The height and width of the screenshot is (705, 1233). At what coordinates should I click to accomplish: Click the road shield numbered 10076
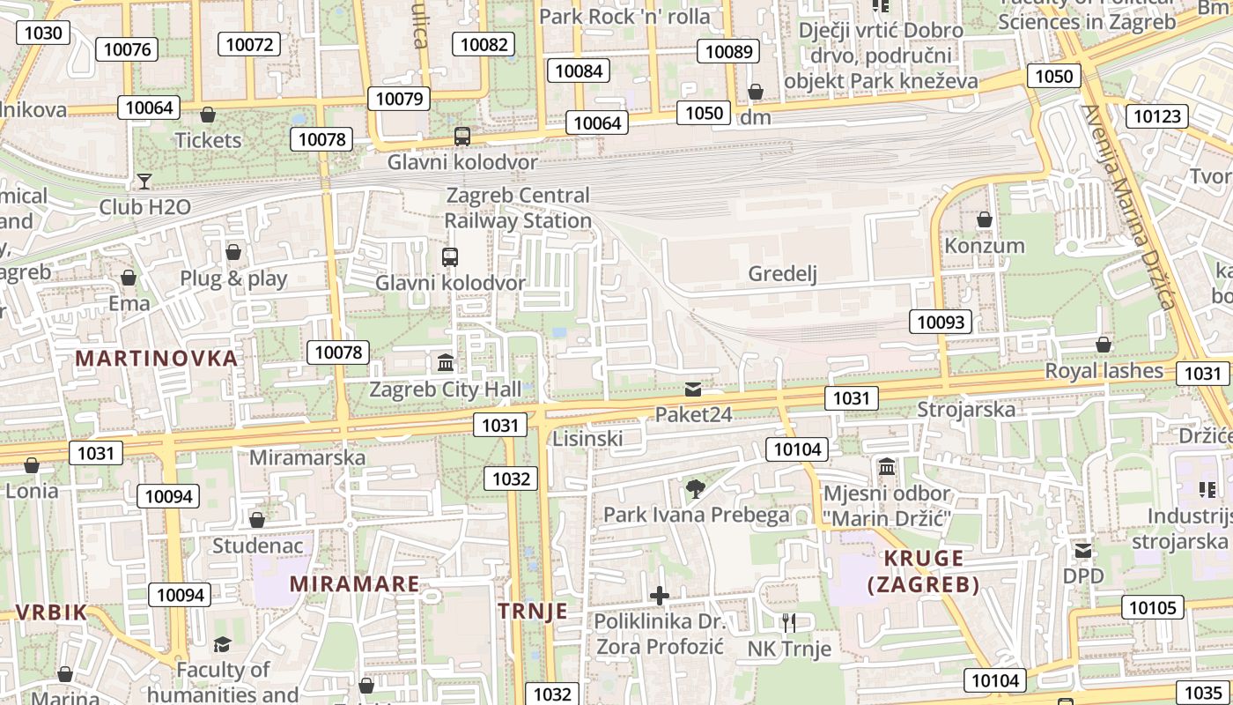(127, 49)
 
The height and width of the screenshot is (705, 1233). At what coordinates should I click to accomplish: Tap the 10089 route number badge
(729, 51)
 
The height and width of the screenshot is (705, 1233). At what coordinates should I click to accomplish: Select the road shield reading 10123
(1157, 116)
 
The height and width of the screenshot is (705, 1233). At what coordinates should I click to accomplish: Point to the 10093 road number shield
(941, 322)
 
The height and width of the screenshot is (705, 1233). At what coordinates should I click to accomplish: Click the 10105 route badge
(1152, 607)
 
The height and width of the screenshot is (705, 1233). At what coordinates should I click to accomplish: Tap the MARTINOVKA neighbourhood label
(157, 359)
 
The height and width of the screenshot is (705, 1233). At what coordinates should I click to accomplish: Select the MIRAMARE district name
(354, 584)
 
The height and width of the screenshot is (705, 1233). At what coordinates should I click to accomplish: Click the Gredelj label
(782, 274)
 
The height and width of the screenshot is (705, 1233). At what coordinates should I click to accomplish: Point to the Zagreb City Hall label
(446, 389)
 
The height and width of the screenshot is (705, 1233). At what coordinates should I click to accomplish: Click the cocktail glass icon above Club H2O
(144, 182)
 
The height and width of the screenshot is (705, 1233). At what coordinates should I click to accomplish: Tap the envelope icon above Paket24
(693, 389)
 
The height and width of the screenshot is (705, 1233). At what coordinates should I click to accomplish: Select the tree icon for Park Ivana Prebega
(696, 488)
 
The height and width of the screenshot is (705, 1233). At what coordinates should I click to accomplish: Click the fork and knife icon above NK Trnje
(788, 623)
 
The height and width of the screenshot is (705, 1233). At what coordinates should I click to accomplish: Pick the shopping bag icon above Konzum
(985, 219)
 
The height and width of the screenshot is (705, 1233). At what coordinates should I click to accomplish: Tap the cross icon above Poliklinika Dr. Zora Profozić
(659, 596)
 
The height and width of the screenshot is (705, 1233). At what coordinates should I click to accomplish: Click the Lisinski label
(587, 438)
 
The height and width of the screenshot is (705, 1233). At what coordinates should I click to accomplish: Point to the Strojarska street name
(966, 409)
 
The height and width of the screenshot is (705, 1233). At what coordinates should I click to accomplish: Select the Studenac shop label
(257, 545)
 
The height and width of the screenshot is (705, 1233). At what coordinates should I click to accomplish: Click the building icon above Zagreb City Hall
(446, 362)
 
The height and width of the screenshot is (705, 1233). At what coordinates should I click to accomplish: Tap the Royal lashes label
(1104, 371)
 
